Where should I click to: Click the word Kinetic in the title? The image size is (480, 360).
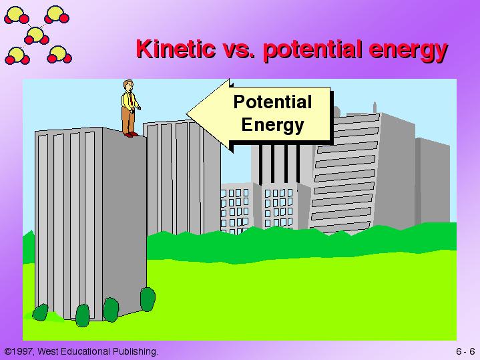(x=176, y=49)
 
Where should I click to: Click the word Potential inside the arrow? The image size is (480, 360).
(x=272, y=102)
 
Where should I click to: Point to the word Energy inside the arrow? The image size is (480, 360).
(x=272, y=125)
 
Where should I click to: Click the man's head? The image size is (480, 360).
(x=129, y=85)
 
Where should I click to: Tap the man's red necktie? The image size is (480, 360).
(x=131, y=99)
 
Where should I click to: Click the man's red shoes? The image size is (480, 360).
(x=131, y=134)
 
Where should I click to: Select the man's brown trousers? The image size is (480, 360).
(x=128, y=120)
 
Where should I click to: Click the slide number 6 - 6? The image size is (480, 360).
(x=465, y=351)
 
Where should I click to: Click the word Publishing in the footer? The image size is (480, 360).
(x=135, y=351)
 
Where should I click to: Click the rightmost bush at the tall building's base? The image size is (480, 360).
(x=148, y=299)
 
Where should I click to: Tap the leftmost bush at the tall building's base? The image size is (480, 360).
(x=41, y=313)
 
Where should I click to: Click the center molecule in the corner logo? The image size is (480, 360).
(x=37, y=35)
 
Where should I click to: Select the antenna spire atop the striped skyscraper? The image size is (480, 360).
(x=375, y=108)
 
